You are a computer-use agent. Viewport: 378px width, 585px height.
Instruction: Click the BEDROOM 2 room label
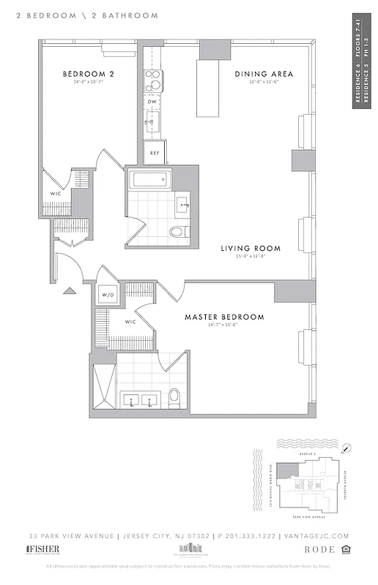coord(87,74)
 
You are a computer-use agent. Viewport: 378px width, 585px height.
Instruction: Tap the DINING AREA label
coord(264,74)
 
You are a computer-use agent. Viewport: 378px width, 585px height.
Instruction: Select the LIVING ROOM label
coord(251,249)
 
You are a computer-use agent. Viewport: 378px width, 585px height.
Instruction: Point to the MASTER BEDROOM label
coord(224,317)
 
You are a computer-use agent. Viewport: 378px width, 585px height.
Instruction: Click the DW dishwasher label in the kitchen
coord(152,102)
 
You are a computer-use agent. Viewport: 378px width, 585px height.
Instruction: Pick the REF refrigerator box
coord(155,152)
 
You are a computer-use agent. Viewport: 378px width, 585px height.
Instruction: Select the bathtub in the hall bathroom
coord(149,181)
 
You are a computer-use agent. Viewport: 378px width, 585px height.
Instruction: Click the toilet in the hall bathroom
coord(178,232)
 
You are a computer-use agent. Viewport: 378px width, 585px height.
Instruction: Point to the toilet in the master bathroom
coord(174,397)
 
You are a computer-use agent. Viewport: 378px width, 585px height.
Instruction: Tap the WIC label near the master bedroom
coord(131,322)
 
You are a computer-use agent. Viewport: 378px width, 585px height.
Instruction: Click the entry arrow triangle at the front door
coord(70,291)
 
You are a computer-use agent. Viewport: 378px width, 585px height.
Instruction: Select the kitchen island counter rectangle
coord(208,88)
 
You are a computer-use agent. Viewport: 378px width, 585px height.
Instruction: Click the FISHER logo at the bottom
coord(44,549)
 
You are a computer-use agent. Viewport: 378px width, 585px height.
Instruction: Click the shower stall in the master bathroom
coord(103,385)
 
